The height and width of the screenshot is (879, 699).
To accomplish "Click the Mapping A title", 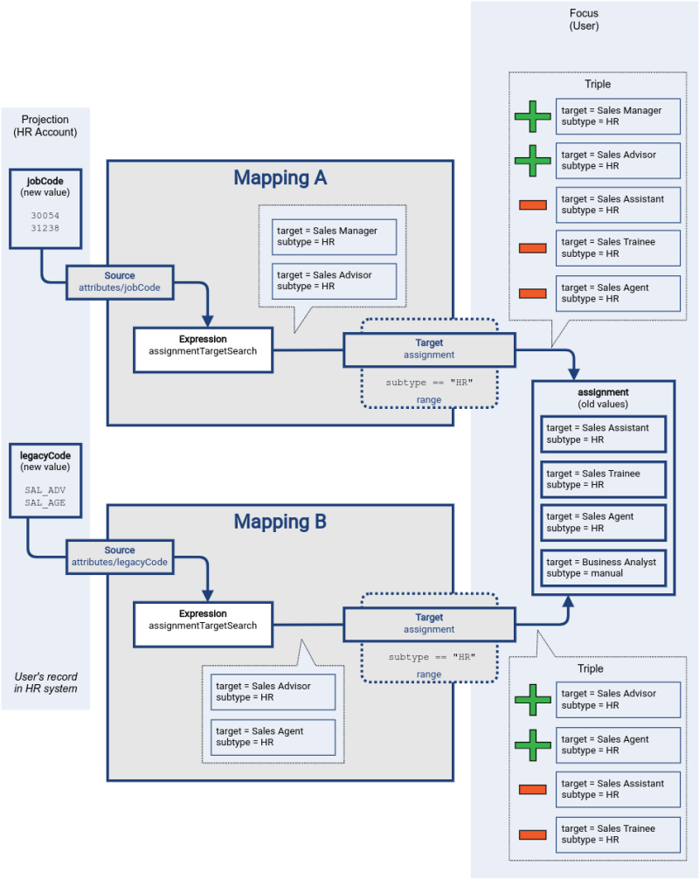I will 280,178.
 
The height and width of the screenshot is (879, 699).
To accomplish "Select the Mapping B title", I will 280,523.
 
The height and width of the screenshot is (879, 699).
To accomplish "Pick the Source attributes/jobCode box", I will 120,280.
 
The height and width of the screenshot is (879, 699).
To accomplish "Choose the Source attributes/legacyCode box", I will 120,557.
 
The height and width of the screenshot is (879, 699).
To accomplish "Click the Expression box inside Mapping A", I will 203,345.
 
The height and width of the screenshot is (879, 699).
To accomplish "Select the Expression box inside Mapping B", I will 203,619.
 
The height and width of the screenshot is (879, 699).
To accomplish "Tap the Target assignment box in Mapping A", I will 428,350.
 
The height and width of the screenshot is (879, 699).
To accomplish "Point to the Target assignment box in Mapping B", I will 428,624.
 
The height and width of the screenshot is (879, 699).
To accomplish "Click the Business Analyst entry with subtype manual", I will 603,568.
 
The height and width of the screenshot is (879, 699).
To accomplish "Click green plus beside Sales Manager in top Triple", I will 532,116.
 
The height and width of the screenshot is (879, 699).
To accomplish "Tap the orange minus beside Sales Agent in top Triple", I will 532,294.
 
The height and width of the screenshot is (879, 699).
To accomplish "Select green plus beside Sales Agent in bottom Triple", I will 532,744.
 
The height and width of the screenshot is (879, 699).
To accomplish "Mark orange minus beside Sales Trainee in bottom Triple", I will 532,834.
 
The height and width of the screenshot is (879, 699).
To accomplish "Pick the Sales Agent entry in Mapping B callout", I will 273,737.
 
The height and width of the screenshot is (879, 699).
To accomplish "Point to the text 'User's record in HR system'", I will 45,682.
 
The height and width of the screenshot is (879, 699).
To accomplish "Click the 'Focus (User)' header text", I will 584,19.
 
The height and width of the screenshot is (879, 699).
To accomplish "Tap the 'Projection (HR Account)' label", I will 45,126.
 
